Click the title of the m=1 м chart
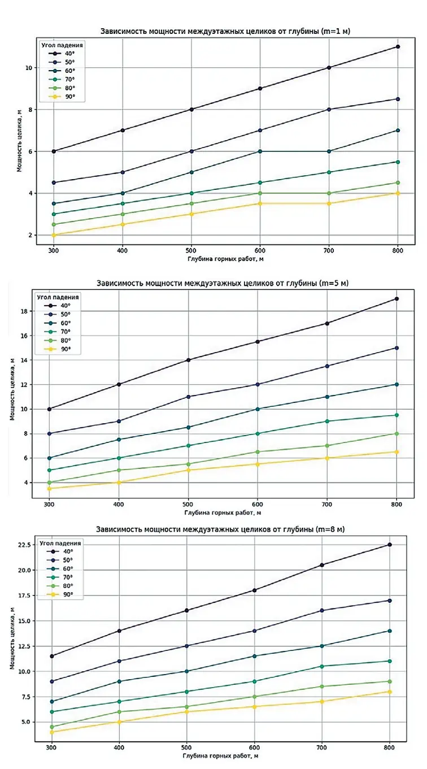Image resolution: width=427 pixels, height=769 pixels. coord(225,31)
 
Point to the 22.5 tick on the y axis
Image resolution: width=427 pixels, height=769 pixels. coord(26,545)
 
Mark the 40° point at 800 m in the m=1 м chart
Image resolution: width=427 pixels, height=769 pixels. coord(398,46)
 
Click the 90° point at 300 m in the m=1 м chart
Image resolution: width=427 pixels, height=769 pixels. coord(53,235)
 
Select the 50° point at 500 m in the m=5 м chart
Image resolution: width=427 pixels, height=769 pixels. coord(188,397)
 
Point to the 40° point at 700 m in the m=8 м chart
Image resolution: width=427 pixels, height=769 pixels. coord(322,565)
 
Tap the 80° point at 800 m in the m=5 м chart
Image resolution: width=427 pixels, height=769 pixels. coord(396,433)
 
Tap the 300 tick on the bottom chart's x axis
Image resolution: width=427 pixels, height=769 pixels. coord(51,746)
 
